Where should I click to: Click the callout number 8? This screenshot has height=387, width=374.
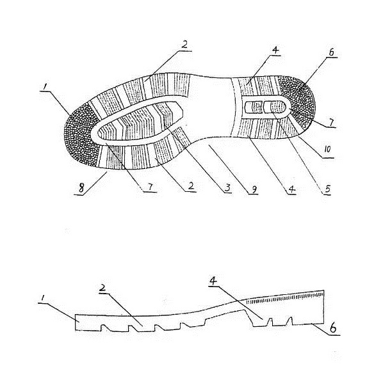pyautogui.click(x=81, y=189)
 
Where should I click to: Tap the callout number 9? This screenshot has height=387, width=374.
pyautogui.click(x=254, y=189)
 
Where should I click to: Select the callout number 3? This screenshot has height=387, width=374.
pyautogui.click(x=227, y=188)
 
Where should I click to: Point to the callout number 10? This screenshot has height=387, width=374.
pyautogui.click(x=327, y=149)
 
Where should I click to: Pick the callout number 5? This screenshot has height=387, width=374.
pyautogui.click(x=327, y=189)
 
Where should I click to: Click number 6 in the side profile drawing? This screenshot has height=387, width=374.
pyautogui.click(x=333, y=328)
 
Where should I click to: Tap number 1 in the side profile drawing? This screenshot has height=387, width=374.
pyautogui.click(x=42, y=298)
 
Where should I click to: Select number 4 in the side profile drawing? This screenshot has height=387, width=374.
pyautogui.click(x=213, y=280)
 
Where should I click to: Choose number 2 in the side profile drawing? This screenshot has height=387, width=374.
pyautogui.click(x=102, y=288)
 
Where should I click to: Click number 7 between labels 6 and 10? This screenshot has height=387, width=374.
pyautogui.click(x=330, y=122)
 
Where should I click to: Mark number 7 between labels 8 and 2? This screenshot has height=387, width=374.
pyautogui.click(x=150, y=186)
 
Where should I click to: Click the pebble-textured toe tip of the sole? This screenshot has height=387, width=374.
pyautogui.click(x=80, y=134)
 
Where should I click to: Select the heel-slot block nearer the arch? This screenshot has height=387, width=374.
pyautogui.click(x=254, y=107)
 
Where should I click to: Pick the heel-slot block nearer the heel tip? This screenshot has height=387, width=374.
pyautogui.click(x=274, y=107)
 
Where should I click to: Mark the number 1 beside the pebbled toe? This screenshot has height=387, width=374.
pyautogui.click(x=45, y=87)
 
